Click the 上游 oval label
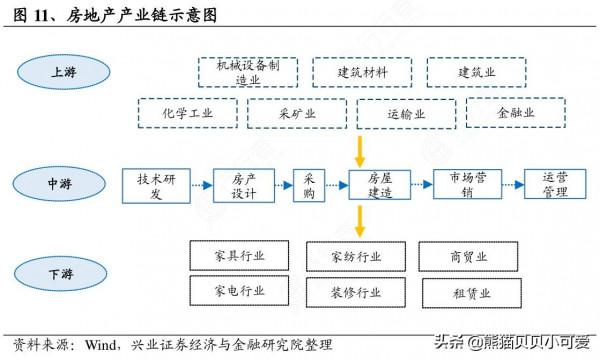(x=63, y=71)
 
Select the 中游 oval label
(x=63, y=184)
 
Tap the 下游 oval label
(x=63, y=273)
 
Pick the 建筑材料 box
(x=362, y=72)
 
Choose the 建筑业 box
(x=477, y=72)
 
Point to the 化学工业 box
(x=187, y=113)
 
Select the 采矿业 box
(x=297, y=113)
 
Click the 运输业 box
(x=406, y=113)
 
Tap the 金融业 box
(x=515, y=113)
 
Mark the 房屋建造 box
(x=380, y=184)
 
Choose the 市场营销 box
(x=467, y=184)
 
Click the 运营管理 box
(x=555, y=184)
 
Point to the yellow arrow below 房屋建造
(x=359, y=220)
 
